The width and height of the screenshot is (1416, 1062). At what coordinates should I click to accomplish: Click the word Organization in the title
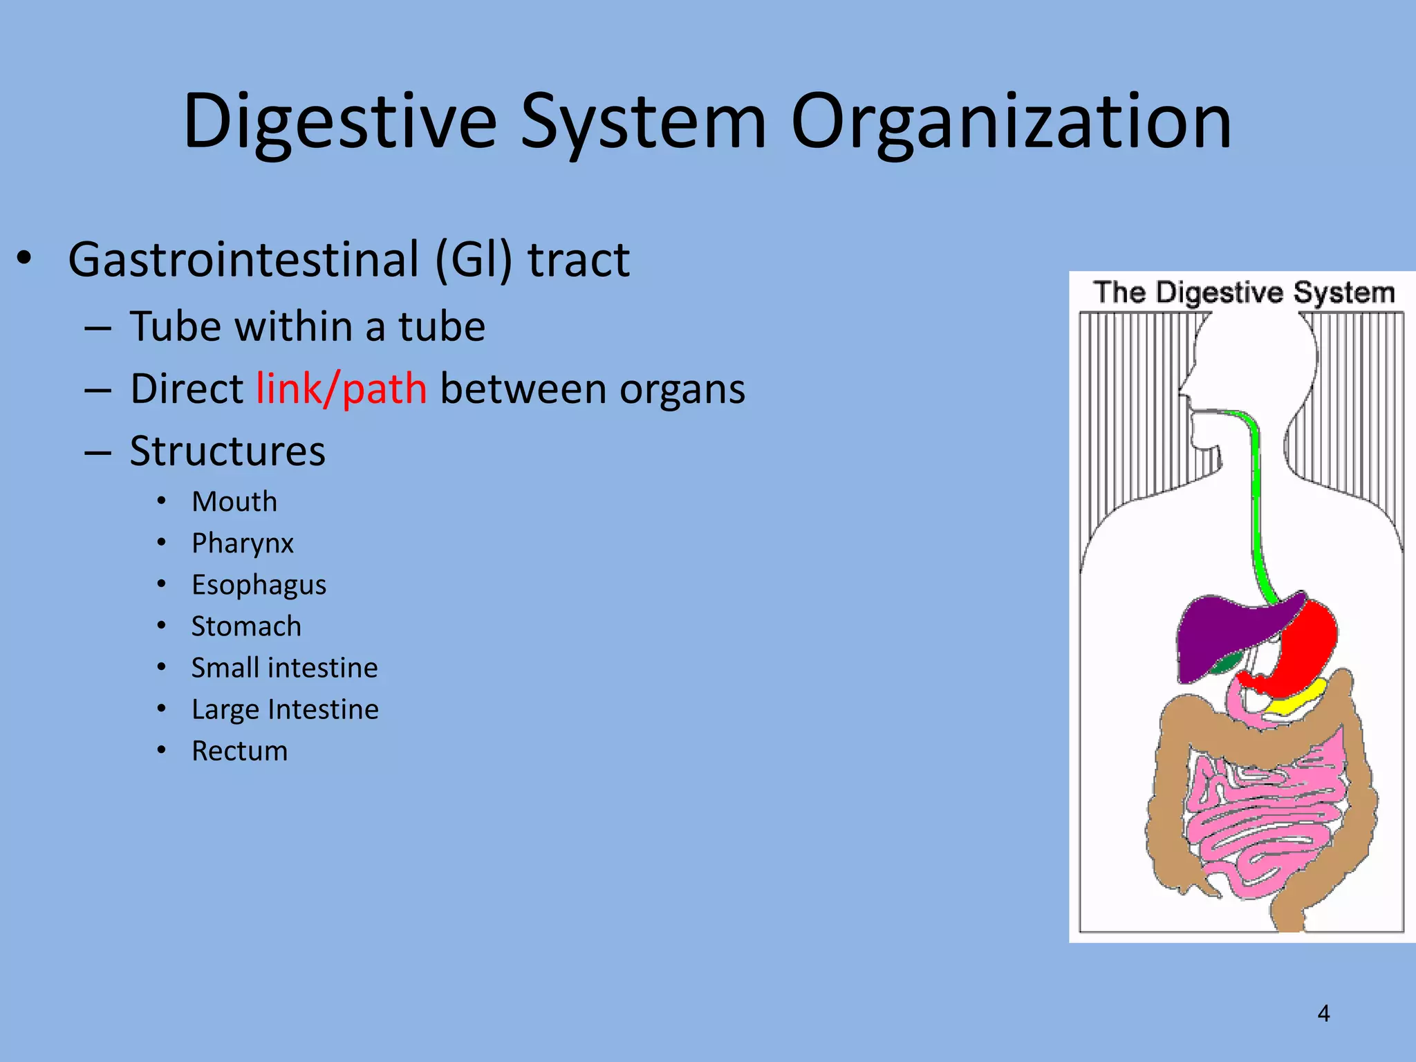pyautogui.click(x=1011, y=122)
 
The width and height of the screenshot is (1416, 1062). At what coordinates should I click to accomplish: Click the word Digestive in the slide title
pyautogui.click(x=340, y=122)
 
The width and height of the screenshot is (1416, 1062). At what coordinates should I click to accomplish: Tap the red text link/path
pyautogui.click(x=342, y=389)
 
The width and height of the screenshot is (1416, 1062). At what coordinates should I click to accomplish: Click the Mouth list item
pyautogui.click(x=234, y=502)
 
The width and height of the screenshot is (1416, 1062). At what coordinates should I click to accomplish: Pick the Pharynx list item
pyautogui.click(x=243, y=543)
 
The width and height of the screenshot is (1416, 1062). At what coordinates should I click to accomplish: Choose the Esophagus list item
pyautogui.click(x=259, y=585)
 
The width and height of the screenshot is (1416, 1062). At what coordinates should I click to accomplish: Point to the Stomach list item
pyautogui.click(x=246, y=626)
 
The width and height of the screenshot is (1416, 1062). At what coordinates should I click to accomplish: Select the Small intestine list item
pyautogui.click(x=284, y=668)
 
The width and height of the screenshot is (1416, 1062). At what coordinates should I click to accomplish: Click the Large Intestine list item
pyautogui.click(x=285, y=709)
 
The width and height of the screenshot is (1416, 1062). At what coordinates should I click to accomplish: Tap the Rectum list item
pyautogui.click(x=239, y=751)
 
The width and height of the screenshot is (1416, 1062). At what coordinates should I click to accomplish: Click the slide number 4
pyautogui.click(x=1323, y=1014)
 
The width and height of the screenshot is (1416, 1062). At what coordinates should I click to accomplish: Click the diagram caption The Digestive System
pyautogui.click(x=1244, y=292)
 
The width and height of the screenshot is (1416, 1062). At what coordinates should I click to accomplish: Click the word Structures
pyautogui.click(x=227, y=451)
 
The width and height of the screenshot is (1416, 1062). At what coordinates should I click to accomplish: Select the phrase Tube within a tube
pyautogui.click(x=308, y=326)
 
